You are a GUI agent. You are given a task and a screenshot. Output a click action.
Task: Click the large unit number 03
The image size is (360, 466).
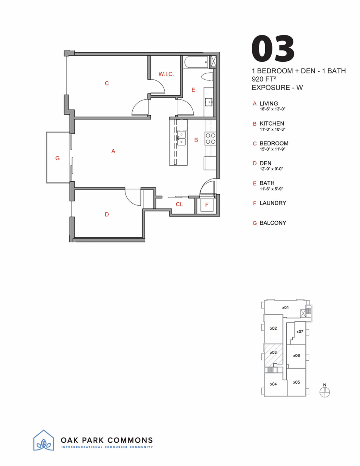pos(273,48)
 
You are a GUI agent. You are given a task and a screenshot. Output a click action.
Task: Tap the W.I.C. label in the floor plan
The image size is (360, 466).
pos(166,74)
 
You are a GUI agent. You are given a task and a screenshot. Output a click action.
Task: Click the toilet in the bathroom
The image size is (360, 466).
pos(208,77)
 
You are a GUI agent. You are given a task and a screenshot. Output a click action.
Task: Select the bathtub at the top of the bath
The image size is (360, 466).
pos(196,63)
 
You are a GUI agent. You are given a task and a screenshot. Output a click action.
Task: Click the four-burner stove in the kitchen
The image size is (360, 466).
pos(210,139)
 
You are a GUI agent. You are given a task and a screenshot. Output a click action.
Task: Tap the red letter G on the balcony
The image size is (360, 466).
pos(57,158)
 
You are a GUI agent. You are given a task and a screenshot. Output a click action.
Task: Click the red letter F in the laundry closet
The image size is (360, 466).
pos(207,205)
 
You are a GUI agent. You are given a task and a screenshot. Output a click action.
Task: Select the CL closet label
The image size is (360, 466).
pos(179,205)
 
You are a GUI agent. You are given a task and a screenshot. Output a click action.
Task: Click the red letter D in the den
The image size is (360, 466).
pos(106,214)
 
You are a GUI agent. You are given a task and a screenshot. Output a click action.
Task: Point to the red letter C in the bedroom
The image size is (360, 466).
pos(107,83)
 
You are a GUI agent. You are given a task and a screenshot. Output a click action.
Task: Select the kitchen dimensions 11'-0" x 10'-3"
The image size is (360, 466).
pos(272,129)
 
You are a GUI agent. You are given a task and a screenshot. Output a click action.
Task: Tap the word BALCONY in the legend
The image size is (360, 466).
pos(272,223)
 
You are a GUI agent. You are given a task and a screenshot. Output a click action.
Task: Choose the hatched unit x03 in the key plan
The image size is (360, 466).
pos(273,353)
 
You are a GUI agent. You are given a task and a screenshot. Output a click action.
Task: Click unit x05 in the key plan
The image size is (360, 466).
pos(296,382)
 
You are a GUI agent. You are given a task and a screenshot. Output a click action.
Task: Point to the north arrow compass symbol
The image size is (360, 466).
pos(325,391)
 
